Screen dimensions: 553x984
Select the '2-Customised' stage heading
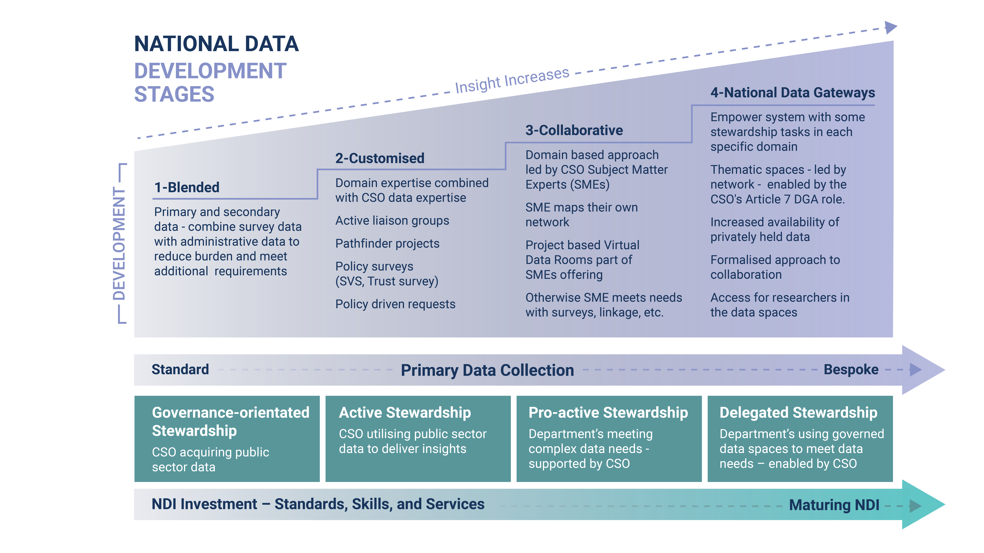tap(380, 158)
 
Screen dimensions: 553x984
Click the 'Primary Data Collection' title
tap(487, 370)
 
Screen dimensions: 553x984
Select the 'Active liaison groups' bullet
tap(392, 221)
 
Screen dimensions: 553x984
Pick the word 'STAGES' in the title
tap(174, 94)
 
